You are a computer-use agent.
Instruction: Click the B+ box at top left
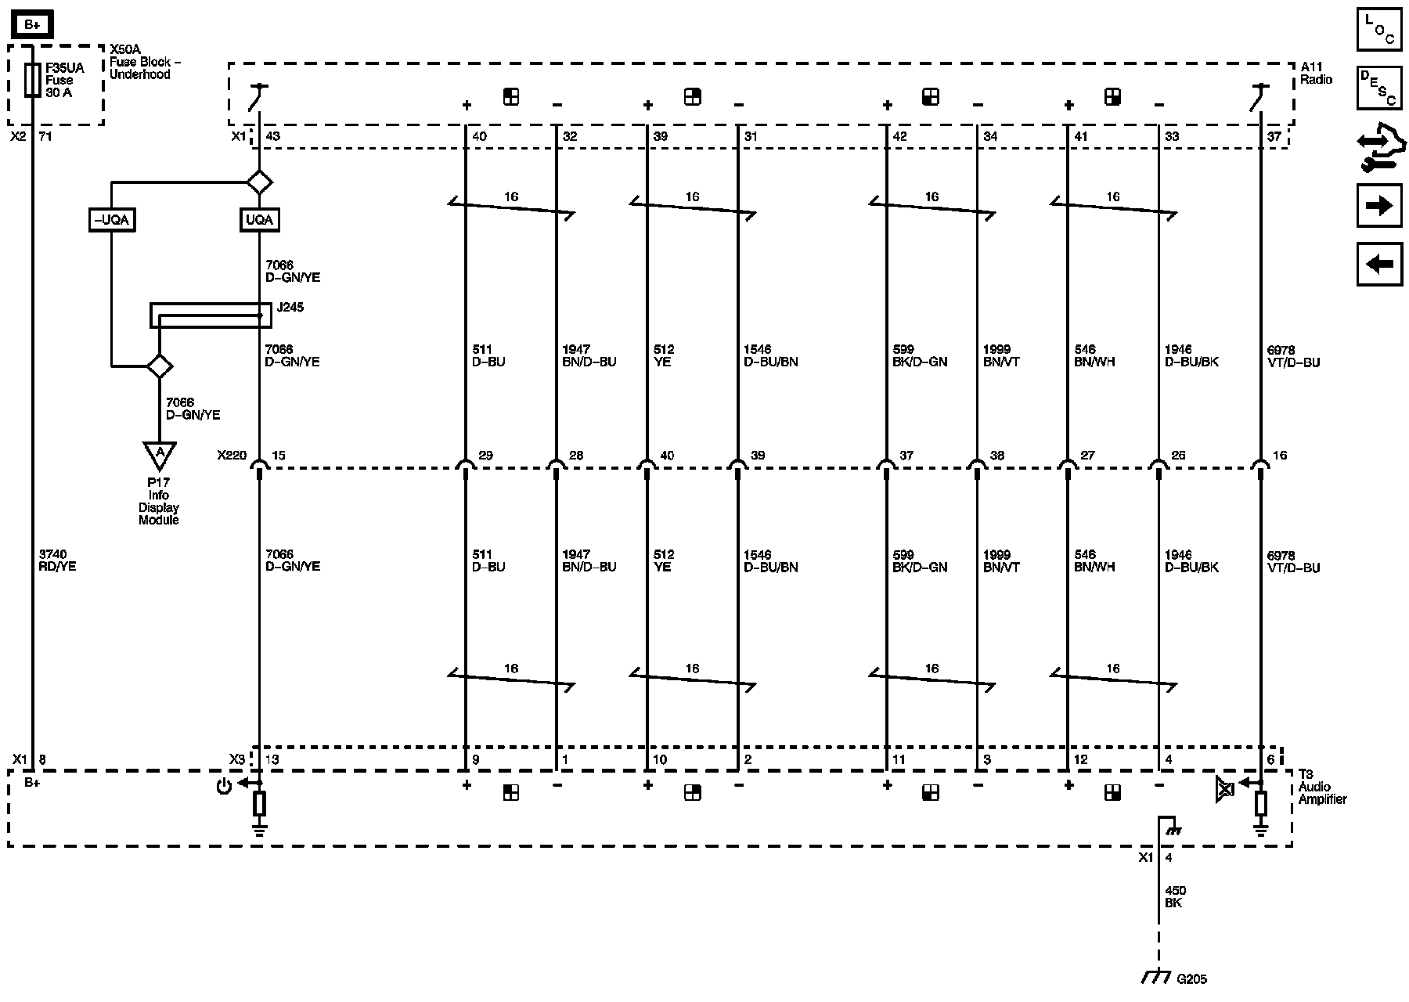pyautogui.click(x=32, y=25)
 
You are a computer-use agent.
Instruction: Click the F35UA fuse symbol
pyautogui.click(x=32, y=80)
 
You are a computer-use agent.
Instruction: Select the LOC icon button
pyautogui.click(x=1379, y=29)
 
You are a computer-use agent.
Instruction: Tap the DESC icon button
pyautogui.click(x=1379, y=86)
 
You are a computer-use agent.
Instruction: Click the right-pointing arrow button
pyautogui.click(x=1379, y=206)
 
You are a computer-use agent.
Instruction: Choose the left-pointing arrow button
pyautogui.click(x=1379, y=264)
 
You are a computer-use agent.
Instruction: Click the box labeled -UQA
pyautogui.click(x=111, y=220)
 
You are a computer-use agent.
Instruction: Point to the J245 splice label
pyautogui.click(x=290, y=308)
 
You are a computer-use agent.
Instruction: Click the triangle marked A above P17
pyautogui.click(x=160, y=454)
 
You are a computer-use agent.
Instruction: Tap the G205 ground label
pyautogui.click(x=1191, y=979)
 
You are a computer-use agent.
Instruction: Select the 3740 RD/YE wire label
pyautogui.click(x=57, y=560)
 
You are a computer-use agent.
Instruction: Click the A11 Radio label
pyautogui.click(x=1316, y=74)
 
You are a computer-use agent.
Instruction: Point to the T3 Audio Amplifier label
pyautogui.click(x=1322, y=787)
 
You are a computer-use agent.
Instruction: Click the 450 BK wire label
pyautogui.click(x=1175, y=896)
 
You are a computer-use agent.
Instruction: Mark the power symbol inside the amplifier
pyautogui.click(x=224, y=786)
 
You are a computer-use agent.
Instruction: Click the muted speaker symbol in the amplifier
pyautogui.click(x=1225, y=789)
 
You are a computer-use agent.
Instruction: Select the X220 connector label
pyautogui.click(x=232, y=456)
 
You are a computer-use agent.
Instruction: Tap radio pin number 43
pyautogui.click(x=273, y=137)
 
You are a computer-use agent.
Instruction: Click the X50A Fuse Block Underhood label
pyautogui.click(x=140, y=62)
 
